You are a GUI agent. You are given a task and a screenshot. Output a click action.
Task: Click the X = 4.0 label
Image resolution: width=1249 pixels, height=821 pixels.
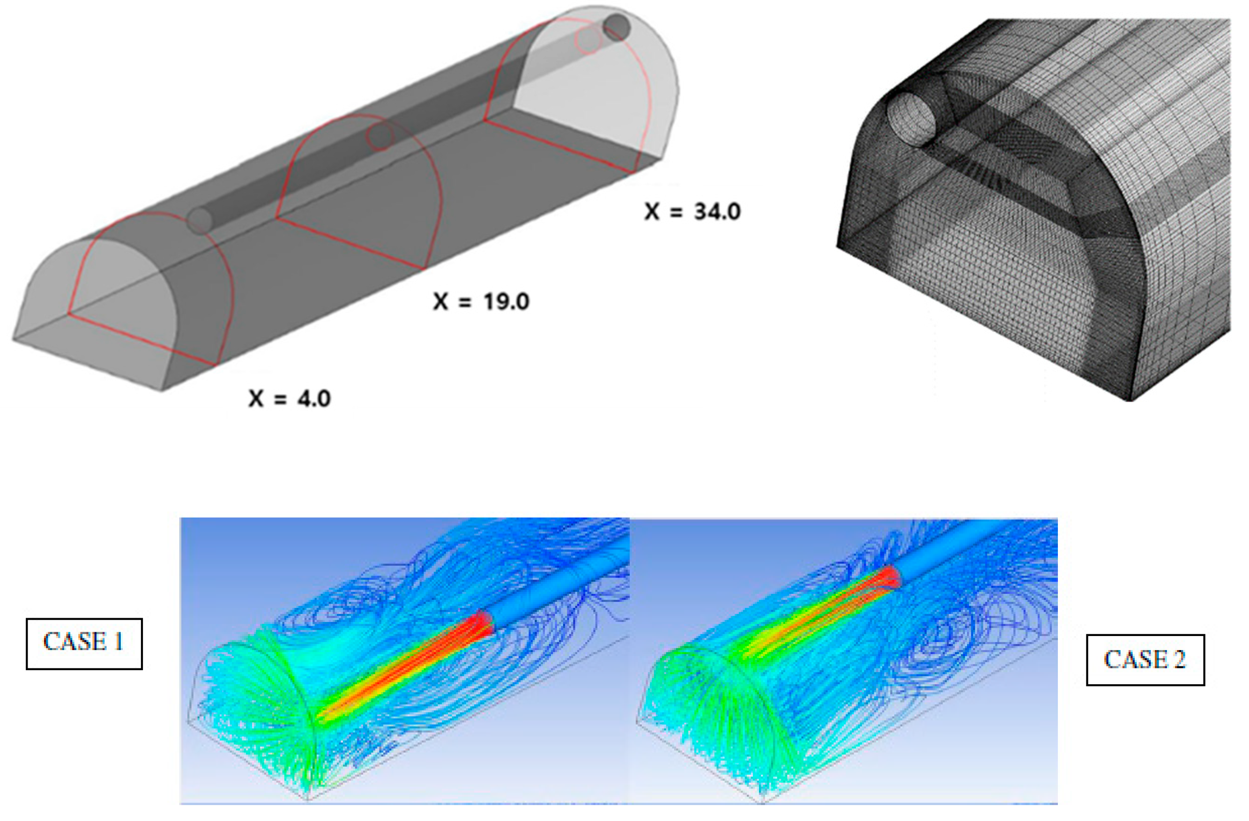click(x=290, y=399)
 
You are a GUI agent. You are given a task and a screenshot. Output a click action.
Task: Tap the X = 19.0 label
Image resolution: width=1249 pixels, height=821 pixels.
click(x=481, y=302)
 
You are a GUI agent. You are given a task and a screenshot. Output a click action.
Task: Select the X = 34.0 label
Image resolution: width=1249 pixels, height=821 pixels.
click(x=693, y=211)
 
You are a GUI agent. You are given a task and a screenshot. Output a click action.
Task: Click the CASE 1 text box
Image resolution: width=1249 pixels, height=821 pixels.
click(x=84, y=643)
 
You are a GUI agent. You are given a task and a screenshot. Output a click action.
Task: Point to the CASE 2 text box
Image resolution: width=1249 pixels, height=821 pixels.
click(x=1145, y=660)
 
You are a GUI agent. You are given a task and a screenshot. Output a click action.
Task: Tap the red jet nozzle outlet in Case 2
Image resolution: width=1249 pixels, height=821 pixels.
click(x=892, y=577)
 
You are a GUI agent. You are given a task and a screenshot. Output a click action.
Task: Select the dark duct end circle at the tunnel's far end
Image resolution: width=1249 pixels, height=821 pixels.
click(x=616, y=27)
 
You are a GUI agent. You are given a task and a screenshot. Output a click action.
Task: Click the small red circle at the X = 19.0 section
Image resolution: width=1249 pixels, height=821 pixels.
click(x=380, y=136)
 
